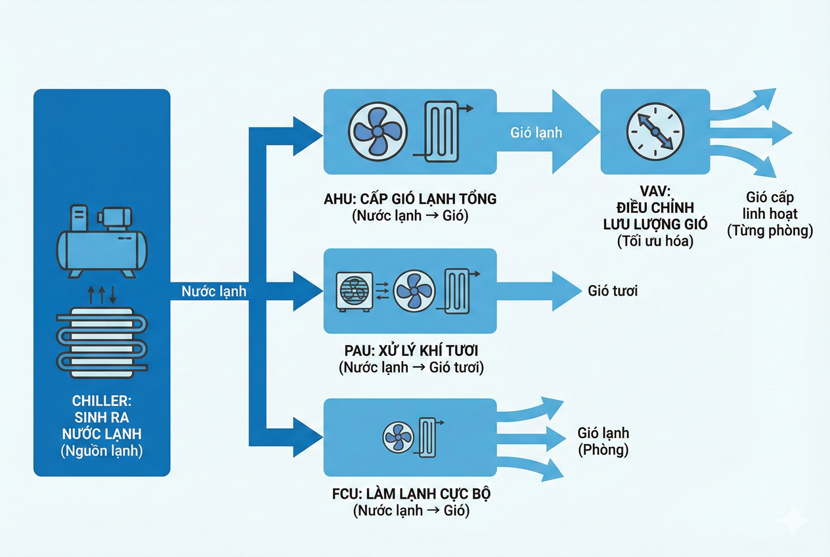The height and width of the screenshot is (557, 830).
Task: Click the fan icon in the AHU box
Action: coord(378,129)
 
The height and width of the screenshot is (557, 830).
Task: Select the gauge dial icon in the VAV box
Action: coord(655,131)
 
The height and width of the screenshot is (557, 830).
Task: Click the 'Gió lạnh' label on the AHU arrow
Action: coord(536,132)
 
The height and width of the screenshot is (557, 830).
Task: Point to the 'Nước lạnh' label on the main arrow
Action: coord(213,290)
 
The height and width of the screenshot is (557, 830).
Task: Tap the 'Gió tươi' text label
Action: coord(612,290)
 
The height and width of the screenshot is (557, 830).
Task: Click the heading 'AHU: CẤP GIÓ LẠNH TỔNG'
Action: coord(410,198)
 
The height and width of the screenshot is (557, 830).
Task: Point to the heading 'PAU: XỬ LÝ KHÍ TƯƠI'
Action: coord(410,351)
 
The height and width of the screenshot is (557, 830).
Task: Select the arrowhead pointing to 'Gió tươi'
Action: coord(563,290)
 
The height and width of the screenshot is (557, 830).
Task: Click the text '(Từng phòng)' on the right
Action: coord(770,231)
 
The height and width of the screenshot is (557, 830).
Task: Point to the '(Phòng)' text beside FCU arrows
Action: coord(603,450)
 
